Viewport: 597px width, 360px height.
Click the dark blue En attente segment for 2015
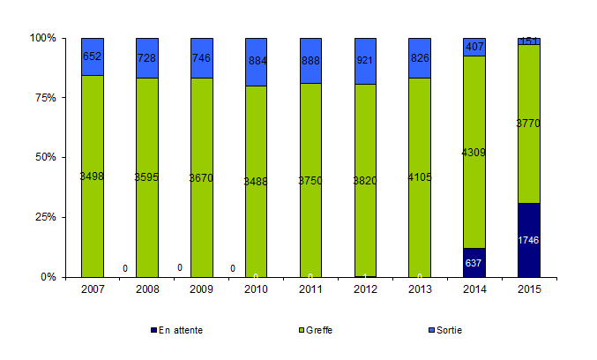pos(529,240)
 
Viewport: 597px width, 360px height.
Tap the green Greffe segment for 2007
pos(93,176)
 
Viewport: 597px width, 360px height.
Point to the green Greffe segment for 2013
pos(420,176)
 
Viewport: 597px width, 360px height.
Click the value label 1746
pos(529,240)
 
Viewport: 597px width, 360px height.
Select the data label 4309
pos(474,153)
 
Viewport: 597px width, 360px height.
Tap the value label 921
pos(365,61)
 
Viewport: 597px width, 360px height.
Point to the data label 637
pos(474,262)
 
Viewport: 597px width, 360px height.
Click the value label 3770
pos(529,124)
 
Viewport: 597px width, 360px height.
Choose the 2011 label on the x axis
pos(310,289)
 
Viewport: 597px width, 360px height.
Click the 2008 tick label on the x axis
pos(147,289)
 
